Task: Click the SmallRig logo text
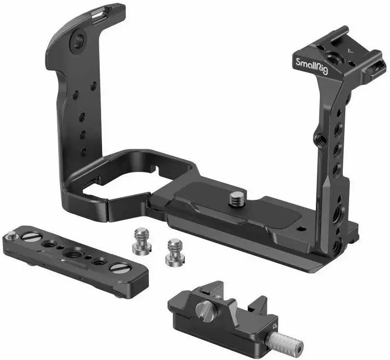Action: tap(312, 66)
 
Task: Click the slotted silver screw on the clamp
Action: tap(203, 309)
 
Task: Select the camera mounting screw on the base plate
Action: tap(235, 198)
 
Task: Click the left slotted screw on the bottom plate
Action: tap(29, 237)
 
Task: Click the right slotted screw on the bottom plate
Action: tap(117, 268)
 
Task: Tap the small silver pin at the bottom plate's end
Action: tap(12, 235)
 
